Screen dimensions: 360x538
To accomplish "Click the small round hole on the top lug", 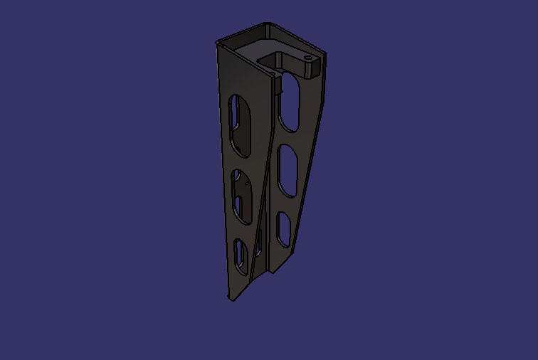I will (x=307, y=58).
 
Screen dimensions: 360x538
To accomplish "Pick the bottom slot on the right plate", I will (x=283, y=229).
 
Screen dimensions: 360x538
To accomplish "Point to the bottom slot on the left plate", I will (x=241, y=255).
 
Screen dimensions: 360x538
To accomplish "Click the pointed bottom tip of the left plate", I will (x=231, y=298).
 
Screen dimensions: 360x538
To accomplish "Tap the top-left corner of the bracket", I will (x=218, y=43).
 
